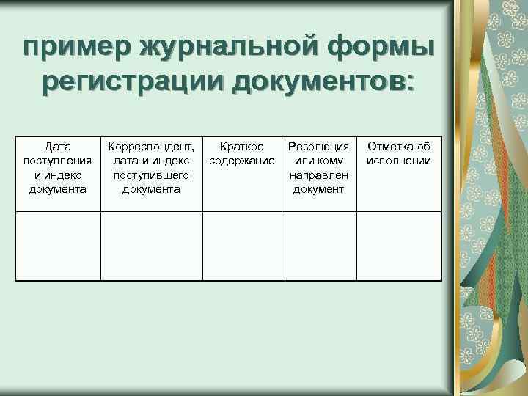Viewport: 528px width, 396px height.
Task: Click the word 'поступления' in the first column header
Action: (x=58, y=161)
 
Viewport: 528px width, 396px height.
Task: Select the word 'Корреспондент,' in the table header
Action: (x=151, y=147)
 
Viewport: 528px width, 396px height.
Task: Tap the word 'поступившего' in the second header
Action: (x=151, y=175)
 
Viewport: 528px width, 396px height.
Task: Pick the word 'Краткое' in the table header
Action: (x=242, y=147)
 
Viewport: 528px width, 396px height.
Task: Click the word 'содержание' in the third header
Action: (x=242, y=161)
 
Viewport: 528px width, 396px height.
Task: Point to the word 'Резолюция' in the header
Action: (x=318, y=147)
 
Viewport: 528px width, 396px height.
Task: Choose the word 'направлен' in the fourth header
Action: (x=318, y=175)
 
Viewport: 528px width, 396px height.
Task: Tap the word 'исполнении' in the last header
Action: (x=399, y=161)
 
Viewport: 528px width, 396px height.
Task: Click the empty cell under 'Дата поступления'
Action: (x=58, y=246)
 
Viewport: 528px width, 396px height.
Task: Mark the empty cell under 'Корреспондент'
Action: (x=151, y=246)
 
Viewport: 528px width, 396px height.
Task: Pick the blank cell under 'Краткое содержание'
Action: (x=242, y=246)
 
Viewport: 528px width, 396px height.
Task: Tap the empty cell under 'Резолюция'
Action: (x=318, y=246)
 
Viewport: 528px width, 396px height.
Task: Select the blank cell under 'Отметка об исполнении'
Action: (x=399, y=246)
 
